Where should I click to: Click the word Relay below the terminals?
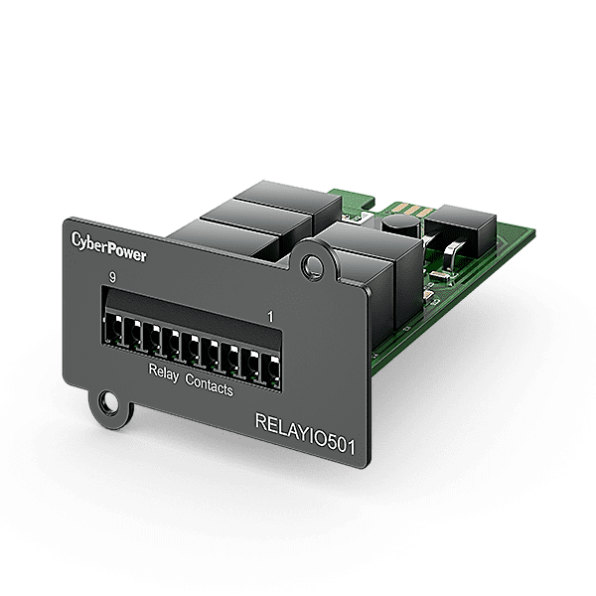(163, 374)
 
